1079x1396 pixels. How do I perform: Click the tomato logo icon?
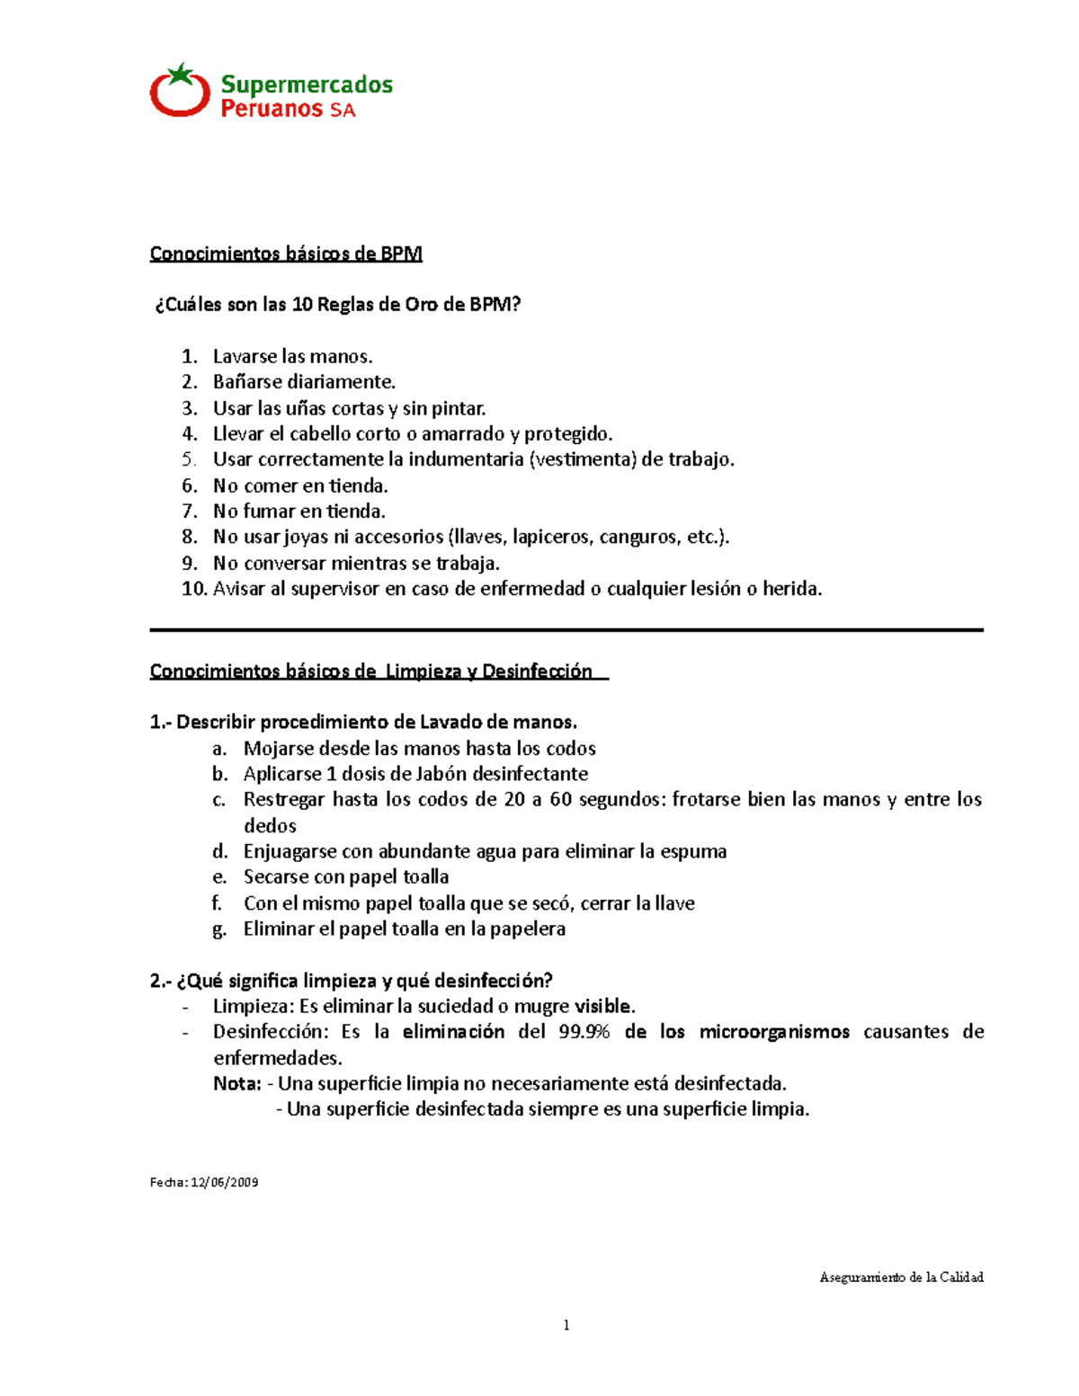[x=180, y=91]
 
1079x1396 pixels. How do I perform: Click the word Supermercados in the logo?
[x=307, y=84]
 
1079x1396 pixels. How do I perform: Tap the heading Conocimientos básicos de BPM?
[x=285, y=253]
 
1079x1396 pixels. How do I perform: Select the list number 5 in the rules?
[x=189, y=459]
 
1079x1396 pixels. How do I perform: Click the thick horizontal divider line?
[x=566, y=631]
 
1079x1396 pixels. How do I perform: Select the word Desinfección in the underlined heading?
[x=537, y=671]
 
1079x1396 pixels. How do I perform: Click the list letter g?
[x=219, y=929]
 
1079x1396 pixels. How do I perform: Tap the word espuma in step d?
[x=693, y=851]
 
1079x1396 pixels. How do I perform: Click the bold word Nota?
[x=237, y=1084]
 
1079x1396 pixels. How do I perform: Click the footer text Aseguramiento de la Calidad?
[x=901, y=1277]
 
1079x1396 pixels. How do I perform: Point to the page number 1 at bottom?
[x=566, y=1325]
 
